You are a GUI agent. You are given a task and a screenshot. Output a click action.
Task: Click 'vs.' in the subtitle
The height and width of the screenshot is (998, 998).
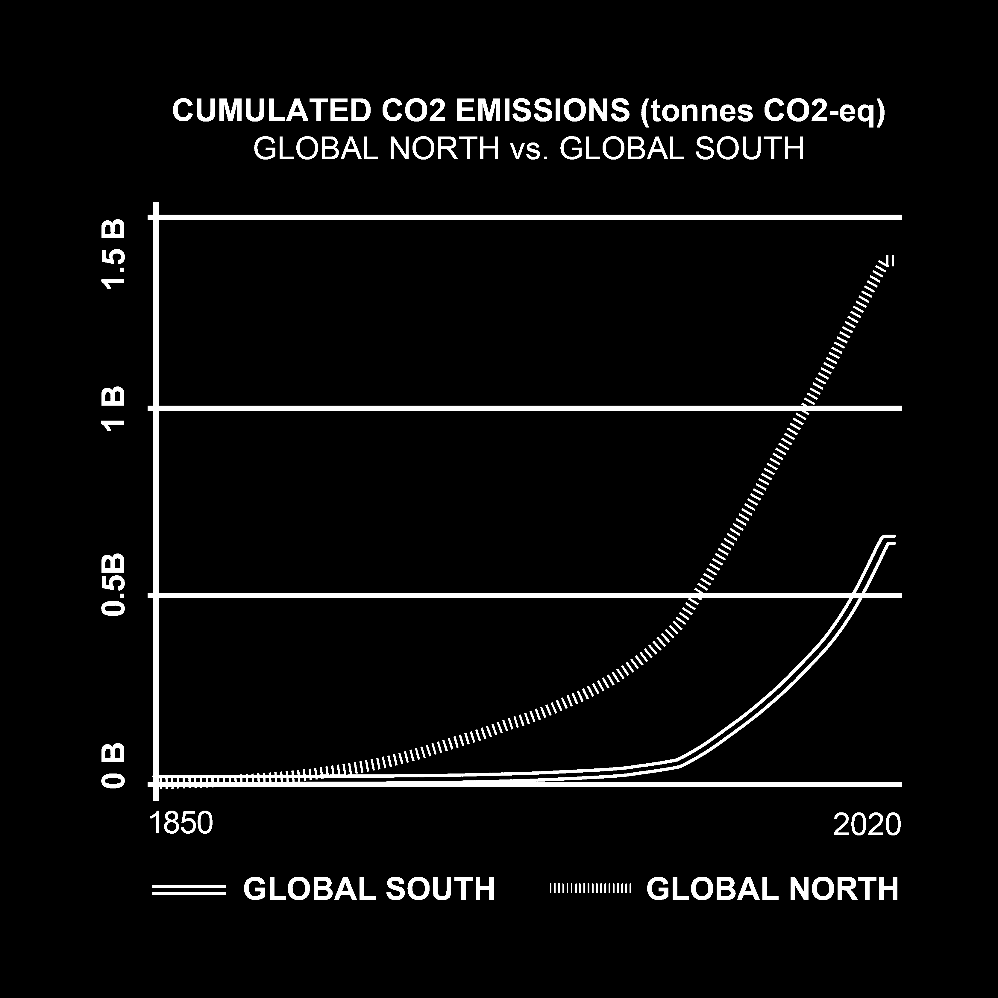529,150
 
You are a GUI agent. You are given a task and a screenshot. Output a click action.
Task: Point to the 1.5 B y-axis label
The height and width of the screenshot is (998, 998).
114,254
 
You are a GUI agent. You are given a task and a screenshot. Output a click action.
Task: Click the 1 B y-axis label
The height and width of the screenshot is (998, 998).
114,408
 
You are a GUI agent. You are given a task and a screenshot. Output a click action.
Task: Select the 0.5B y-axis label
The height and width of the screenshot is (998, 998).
114,585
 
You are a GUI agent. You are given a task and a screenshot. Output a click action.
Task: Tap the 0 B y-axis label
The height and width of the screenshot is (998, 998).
114,766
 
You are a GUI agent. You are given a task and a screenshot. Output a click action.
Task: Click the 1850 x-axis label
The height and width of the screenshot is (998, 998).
181,823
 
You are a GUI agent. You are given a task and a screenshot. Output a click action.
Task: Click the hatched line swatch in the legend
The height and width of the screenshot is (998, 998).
590,888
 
